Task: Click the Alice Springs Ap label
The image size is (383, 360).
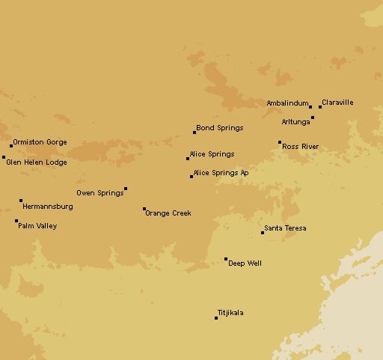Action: pyautogui.click(x=221, y=173)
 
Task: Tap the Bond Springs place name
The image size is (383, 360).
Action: pyautogui.click(x=220, y=128)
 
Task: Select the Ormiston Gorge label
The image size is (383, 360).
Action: pyautogui.click(x=40, y=142)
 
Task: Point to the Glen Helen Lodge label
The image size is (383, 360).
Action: pyautogui.click(x=36, y=162)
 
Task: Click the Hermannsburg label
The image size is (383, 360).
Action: pyautogui.click(x=48, y=206)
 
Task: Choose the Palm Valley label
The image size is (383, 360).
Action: pyautogui.click(x=37, y=226)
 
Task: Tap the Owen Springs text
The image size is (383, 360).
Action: pyautogui.click(x=99, y=193)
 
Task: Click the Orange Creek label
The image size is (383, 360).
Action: pyautogui.click(x=168, y=213)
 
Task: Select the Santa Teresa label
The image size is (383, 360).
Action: pyautogui.click(x=285, y=228)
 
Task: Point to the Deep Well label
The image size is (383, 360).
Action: pyautogui.click(x=245, y=263)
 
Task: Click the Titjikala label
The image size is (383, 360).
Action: pyautogui.click(x=230, y=313)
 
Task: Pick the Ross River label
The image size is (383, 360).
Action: pyautogui.click(x=300, y=147)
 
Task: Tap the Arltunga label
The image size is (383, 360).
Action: pyautogui.click(x=295, y=121)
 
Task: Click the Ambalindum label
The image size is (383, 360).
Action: pyautogui.click(x=287, y=103)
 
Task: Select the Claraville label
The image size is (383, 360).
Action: pyautogui.click(x=337, y=103)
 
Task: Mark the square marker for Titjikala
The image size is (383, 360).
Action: pyautogui.click(x=216, y=318)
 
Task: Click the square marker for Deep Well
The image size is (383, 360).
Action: pyautogui.click(x=226, y=259)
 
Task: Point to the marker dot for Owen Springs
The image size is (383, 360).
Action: pyautogui.click(x=126, y=189)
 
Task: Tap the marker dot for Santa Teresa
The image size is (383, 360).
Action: pyautogui.click(x=263, y=233)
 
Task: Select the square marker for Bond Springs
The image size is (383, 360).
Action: pyautogui.click(x=194, y=132)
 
